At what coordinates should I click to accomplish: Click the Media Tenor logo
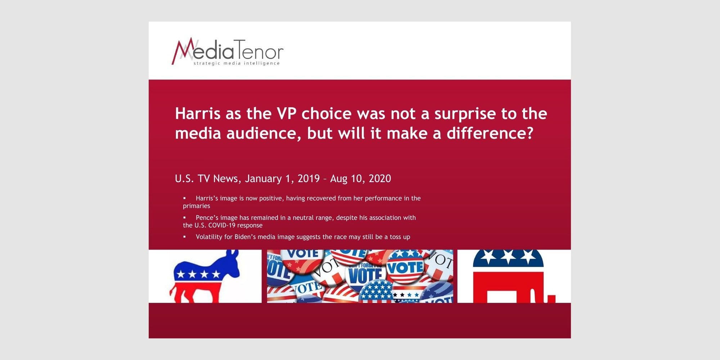(228, 52)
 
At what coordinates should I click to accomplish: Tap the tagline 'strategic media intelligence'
(237, 63)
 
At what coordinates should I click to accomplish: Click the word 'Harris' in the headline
(198, 114)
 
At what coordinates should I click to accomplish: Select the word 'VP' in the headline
(287, 114)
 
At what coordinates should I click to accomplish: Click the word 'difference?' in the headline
(490, 133)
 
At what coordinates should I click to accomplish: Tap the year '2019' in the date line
(309, 179)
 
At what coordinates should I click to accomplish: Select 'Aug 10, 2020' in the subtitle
(360, 179)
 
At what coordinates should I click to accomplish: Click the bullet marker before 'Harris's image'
(184, 198)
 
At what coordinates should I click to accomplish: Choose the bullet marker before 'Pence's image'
(184, 217)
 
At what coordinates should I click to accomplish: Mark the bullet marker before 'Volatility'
(184, 237)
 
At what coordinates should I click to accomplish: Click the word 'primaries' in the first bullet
(196, 206)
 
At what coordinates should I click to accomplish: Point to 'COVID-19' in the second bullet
(222, 225)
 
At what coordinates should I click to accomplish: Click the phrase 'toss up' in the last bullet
(400, 237)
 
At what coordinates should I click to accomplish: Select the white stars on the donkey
(198, 274)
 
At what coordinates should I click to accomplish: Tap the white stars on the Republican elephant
(508, 256)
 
